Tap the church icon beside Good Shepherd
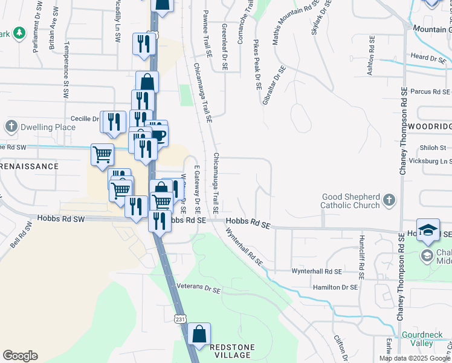click(390, 199)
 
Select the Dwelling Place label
click(48, 127)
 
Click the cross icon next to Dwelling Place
click(11, 127)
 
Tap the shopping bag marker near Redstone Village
click(198, 334)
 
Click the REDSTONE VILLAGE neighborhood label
click(232, 351)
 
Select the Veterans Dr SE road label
click(199, 288)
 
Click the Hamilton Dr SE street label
click(335, 287)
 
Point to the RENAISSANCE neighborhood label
click(30, 166)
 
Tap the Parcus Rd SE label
click(430, 92)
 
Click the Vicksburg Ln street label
click(430, 162)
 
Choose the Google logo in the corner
click(20, 356)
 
